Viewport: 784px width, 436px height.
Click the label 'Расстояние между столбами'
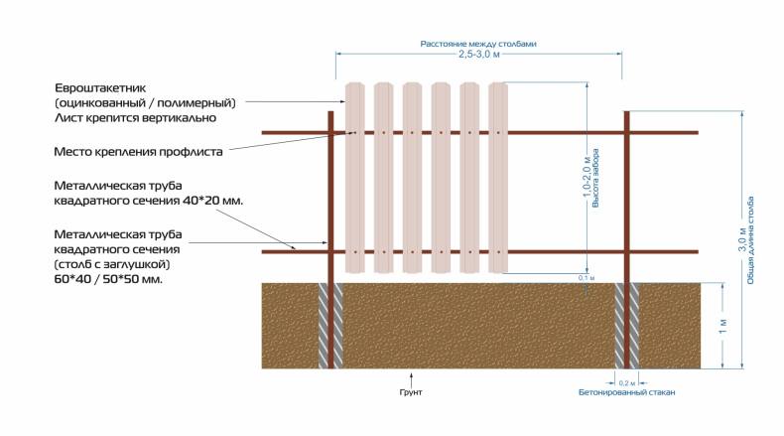(x=478, y=44)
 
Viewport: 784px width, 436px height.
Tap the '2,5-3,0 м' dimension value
(x=478, y=57)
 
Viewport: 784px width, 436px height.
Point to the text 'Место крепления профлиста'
(x=139, y=152)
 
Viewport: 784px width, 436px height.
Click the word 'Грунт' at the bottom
(x=411, y=392)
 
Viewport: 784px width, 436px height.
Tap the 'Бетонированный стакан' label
(x=627, y=392)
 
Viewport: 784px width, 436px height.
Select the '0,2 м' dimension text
(x=626, y=382)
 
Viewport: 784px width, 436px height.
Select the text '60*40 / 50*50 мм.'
(x=109, y=279)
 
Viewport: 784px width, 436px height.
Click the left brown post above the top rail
(x=329, y=120)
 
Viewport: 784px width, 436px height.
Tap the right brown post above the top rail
(x=626, y=120)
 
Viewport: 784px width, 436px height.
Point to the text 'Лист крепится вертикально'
(x=136, y=117)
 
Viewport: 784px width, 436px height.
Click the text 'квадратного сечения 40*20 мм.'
(x=148, y=200)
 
